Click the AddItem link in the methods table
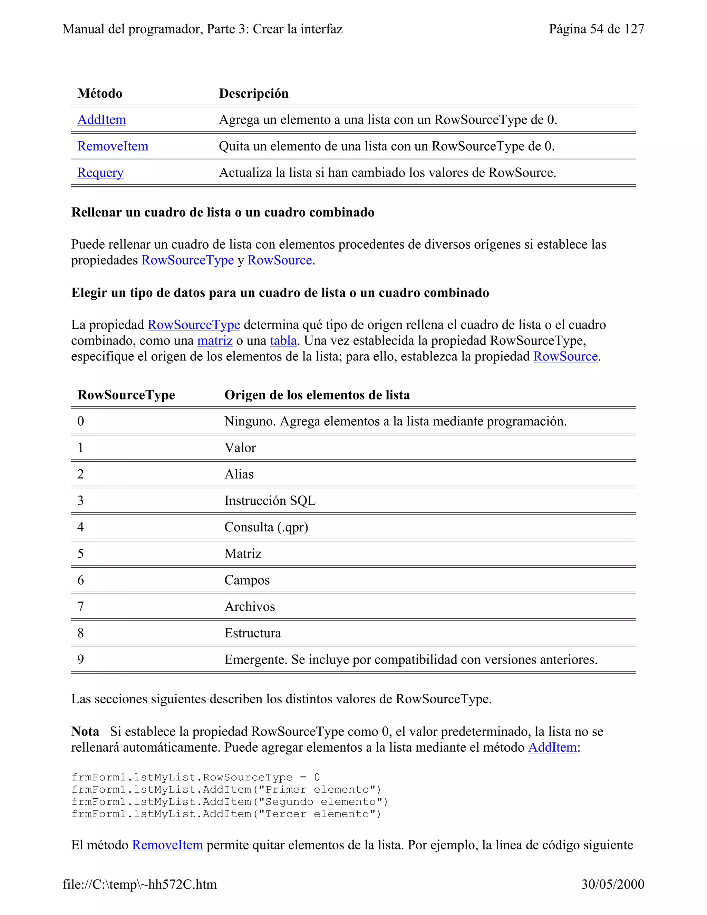(101, 120)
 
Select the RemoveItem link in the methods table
(113, 146)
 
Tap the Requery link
(100, 173)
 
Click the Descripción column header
(253, 94)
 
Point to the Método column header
(100, 94)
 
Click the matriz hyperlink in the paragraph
(215, 340)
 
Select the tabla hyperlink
(283, 340)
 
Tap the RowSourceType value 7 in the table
(80, 607)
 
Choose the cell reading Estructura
(253, 633)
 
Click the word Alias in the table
(239, 474)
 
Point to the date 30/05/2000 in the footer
(612, 884)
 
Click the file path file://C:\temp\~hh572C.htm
(139, 884)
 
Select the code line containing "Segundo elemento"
(230, 802)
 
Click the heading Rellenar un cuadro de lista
(222, 212)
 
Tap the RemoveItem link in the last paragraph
(167, 845)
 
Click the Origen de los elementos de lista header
(317, 395)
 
